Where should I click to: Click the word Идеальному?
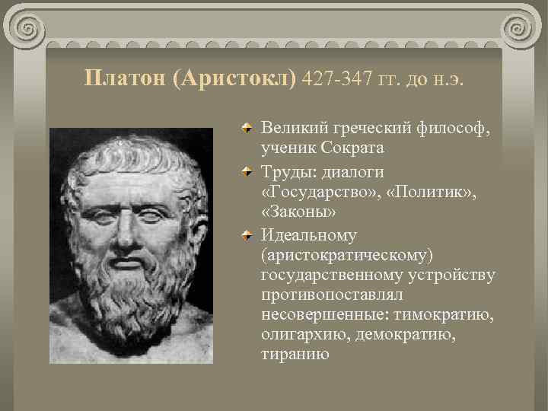click(x=309, y=235)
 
